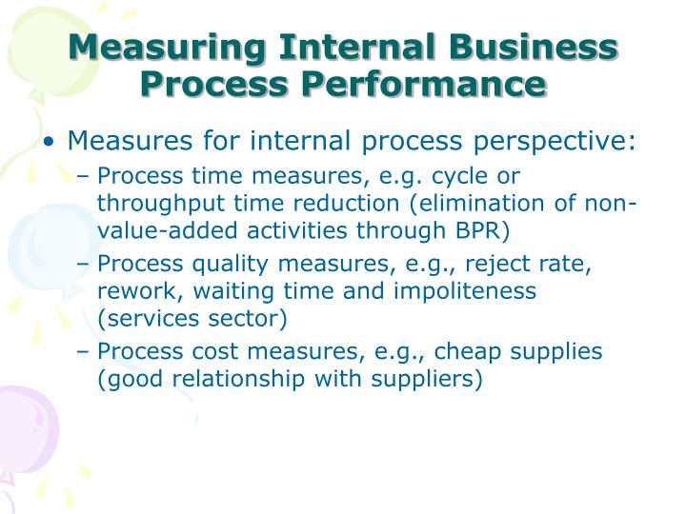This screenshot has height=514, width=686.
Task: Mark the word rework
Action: click(132, 291)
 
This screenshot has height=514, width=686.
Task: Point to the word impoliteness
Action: click(463, 291)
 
